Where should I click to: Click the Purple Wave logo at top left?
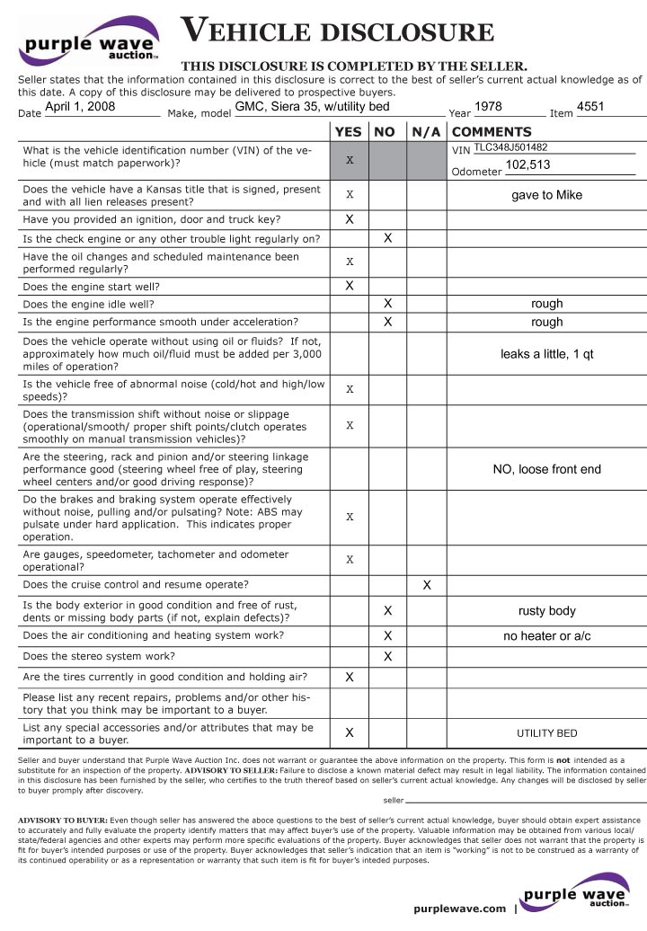pos(90,41)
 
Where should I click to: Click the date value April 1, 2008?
pos(80,107)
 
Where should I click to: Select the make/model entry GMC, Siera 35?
pos(313,107)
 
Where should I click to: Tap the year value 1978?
pos(488,107)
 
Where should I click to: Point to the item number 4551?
pos(590,107)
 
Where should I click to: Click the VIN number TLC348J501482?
pos(510,147)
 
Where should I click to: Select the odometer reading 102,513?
pos(527,165)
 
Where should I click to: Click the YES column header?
pos(349,132)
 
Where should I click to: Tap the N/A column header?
pos(427,132)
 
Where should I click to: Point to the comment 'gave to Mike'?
pos(546,195)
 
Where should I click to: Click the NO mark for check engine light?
pos(387,239)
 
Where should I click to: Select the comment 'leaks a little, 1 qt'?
pos(546,354)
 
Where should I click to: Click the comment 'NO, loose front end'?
pos(546,469)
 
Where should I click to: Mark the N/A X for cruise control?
pos(427,585)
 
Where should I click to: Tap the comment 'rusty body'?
pos(546,611)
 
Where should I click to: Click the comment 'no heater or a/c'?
pos(546,636)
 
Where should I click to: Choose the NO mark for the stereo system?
pos(387,657)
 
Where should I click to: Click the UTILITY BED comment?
pos(546,733)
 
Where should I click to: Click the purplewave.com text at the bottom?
pos(460,909)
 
